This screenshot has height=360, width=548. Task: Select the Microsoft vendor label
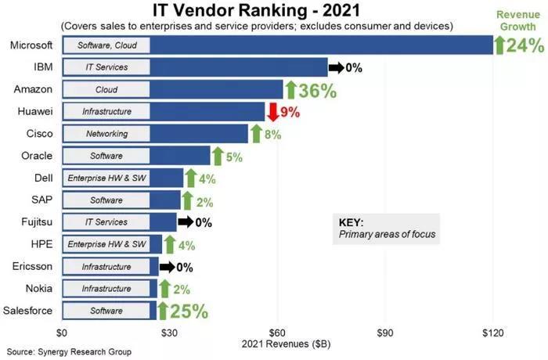click(31, 45)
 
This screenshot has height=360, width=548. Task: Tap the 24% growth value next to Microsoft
click(525, 45)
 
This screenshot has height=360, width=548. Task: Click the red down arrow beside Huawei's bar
click(273, 112)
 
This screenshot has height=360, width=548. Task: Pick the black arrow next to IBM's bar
click(336, 67)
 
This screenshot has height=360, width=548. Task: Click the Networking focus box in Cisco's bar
click(106, 134)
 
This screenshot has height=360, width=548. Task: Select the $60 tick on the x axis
click(278, 331)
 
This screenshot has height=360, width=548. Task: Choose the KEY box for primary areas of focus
click(385, 228)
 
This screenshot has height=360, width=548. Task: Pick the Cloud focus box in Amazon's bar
click(106, 90)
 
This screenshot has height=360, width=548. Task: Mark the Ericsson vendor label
click(33, 267)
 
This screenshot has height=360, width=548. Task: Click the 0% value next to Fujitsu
click(204, 222)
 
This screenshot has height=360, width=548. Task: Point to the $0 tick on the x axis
click(65, 331)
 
